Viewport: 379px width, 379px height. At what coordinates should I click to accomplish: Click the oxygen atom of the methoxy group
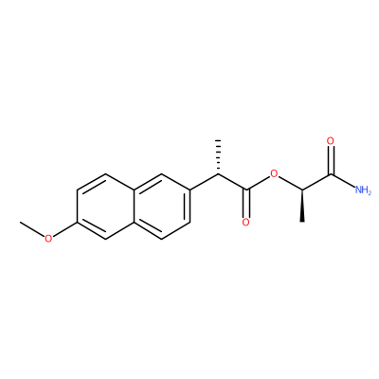48,238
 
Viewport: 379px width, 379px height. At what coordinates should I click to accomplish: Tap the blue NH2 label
363,190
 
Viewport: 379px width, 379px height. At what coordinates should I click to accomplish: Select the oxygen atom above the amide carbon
331,141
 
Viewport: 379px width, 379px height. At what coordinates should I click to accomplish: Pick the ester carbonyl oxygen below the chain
246,222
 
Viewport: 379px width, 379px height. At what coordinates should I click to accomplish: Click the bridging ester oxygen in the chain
274,173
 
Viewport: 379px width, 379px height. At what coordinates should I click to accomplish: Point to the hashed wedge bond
218,156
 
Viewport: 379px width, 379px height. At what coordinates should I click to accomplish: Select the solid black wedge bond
302,206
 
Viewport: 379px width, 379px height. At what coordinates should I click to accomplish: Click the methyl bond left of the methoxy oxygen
32,228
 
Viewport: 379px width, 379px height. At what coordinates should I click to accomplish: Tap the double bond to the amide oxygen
331,160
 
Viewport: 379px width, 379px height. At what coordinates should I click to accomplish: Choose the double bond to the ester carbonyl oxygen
246,204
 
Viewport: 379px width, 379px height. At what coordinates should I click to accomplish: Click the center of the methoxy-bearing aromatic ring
105,206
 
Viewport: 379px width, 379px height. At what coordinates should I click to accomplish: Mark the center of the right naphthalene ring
162,206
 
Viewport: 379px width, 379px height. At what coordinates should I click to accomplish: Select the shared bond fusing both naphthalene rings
134,206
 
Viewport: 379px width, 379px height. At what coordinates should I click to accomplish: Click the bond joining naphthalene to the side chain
204,182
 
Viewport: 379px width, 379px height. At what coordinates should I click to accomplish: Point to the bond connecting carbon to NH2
343,181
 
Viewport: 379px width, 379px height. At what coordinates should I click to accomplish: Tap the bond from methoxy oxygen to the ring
64,229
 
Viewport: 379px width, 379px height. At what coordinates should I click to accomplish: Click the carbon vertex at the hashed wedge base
218,173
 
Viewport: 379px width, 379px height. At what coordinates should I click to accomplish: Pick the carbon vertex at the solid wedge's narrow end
302,189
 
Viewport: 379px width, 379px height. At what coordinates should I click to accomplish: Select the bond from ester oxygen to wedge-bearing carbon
290,183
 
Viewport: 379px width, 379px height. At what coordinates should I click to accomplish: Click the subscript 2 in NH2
370,192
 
